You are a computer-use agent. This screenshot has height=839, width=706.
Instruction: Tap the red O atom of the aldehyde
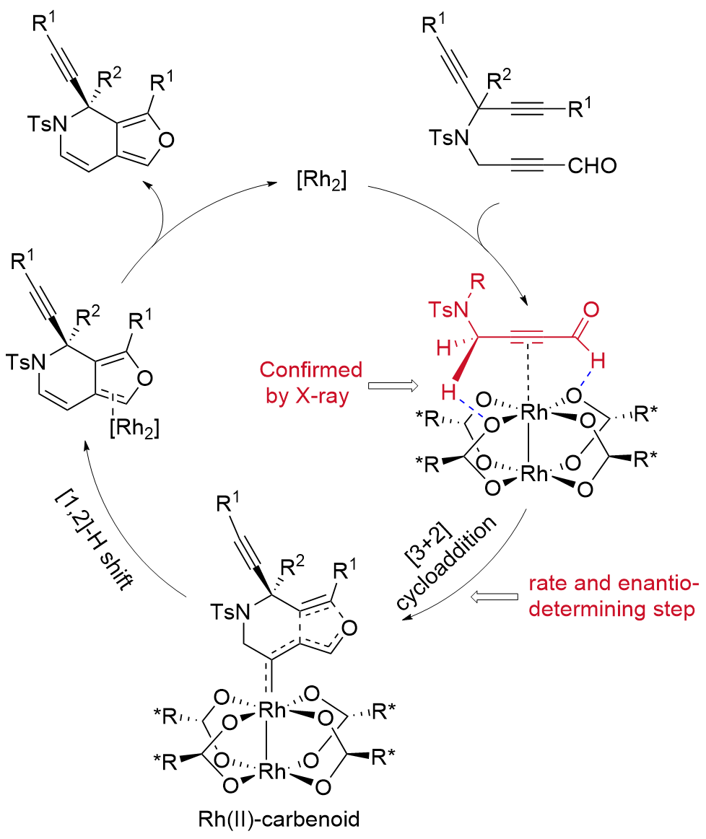click(590, 310)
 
